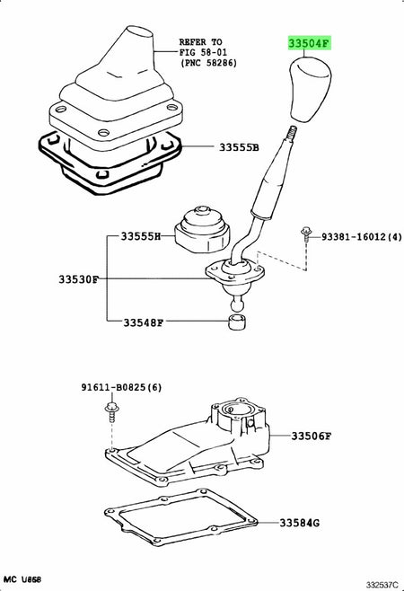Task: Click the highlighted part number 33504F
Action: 310,42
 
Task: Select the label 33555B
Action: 237,147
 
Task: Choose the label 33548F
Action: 141,321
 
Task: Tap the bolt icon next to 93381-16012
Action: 306,234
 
